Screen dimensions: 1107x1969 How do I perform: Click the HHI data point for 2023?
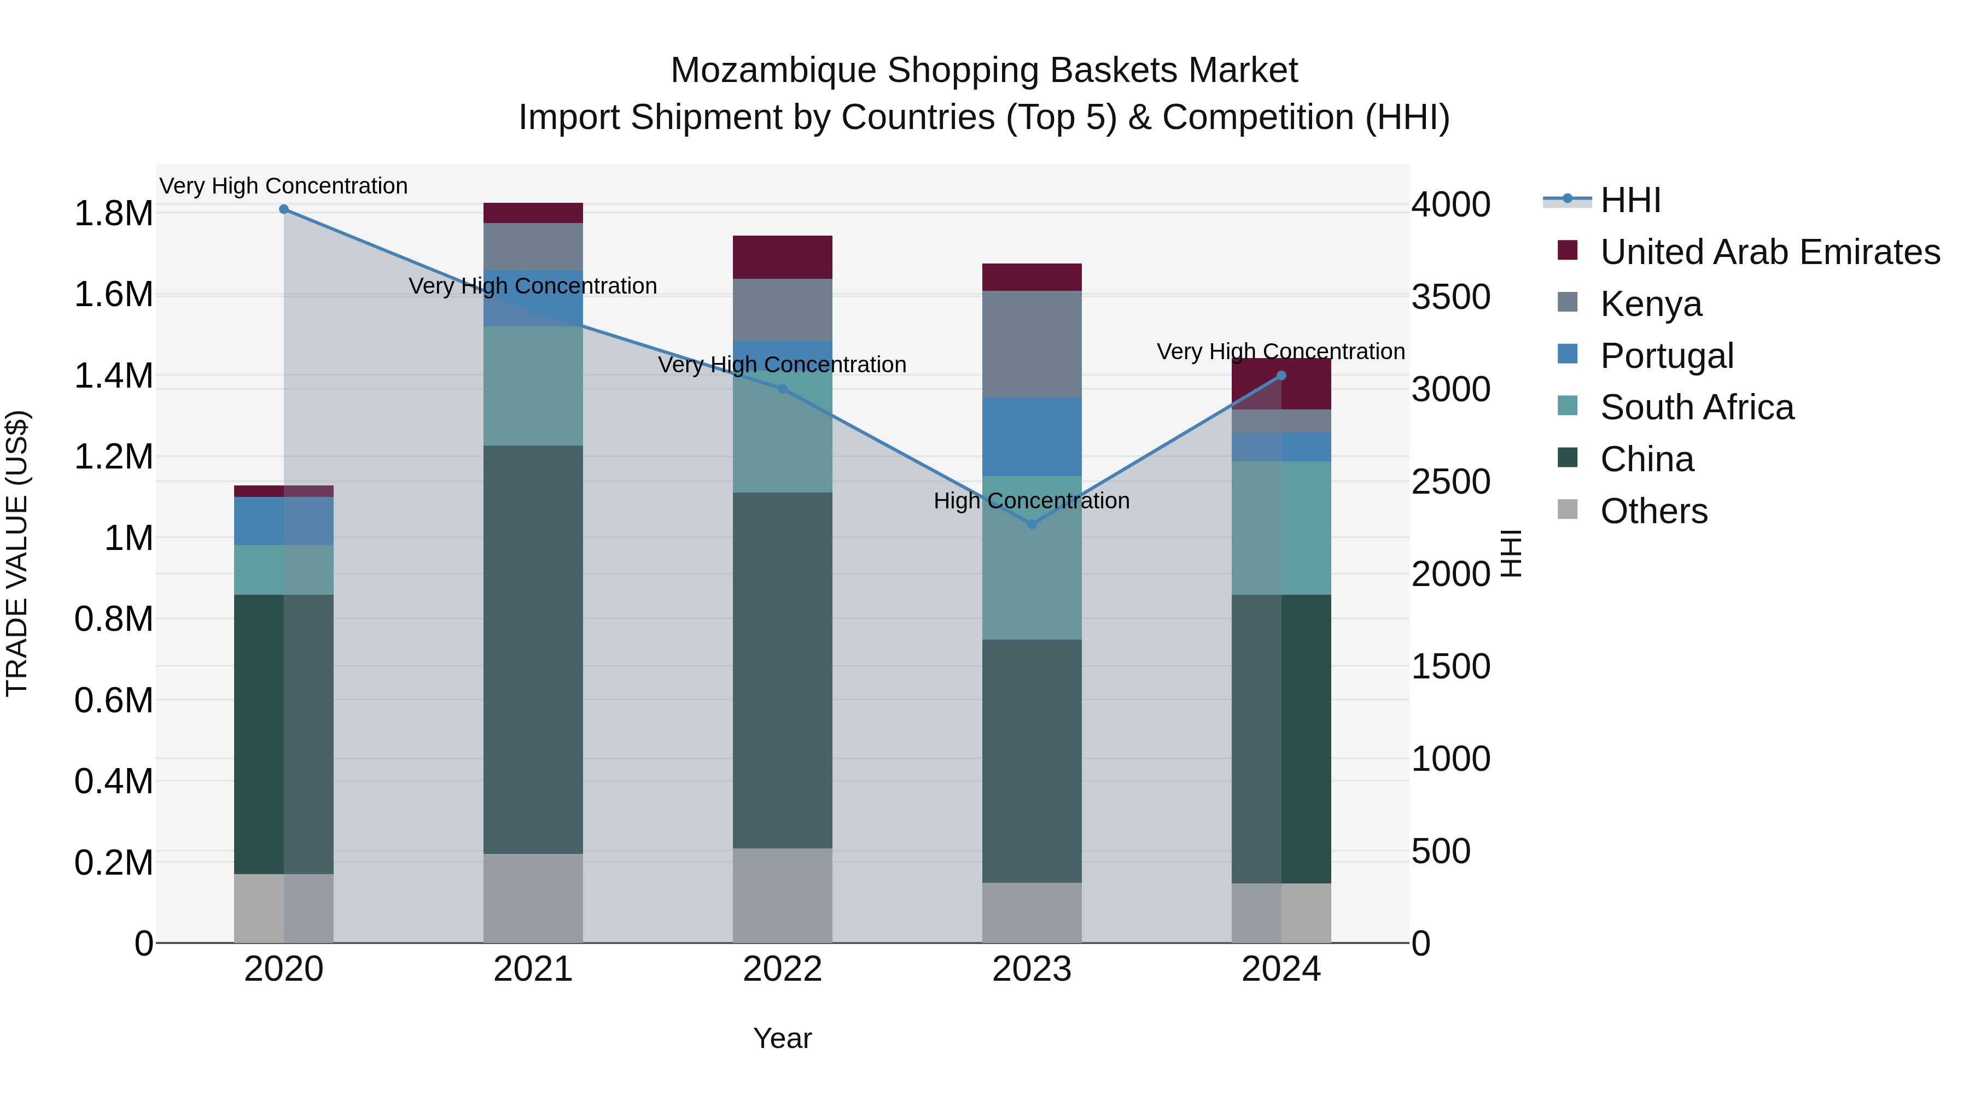(x=1032, y=524)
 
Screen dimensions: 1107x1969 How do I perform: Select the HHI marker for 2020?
(x=283, y=209)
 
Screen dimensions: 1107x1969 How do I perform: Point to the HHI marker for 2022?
(x=783, y=389)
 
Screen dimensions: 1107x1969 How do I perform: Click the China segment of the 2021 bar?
(x=533, y=649)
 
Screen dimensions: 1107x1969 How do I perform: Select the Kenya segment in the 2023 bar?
(x=1032, y=344)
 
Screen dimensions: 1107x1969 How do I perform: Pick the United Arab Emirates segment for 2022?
(x=783, y=257)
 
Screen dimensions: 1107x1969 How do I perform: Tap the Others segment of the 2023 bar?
(x=1032, y=913)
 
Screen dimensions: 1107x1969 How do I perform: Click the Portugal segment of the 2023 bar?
(x=1032, y=436)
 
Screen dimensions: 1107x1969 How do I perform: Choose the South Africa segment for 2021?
(x=533, y=386)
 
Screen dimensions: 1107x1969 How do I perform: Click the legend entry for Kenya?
(x=1651, y=304)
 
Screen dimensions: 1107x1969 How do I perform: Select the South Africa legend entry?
(x=1697, y=407)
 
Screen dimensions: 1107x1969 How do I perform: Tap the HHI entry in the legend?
(x=1630, y=200)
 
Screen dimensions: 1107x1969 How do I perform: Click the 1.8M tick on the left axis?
(x=113, y=214)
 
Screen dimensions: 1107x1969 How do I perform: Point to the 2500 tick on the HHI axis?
(x=1450, y=482)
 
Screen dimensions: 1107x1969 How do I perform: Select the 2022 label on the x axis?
(x=783, y=969)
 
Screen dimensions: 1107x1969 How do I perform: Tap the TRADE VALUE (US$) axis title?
(x=17, y=553)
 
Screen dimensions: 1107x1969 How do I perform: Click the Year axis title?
(x=783, y=1038)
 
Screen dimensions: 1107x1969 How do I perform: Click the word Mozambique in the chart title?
(x=773, y=71)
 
